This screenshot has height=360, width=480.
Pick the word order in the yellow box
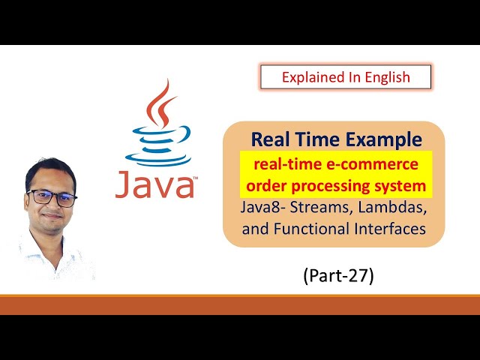coord(258,184)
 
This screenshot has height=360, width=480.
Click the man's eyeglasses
coord(52,198)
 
